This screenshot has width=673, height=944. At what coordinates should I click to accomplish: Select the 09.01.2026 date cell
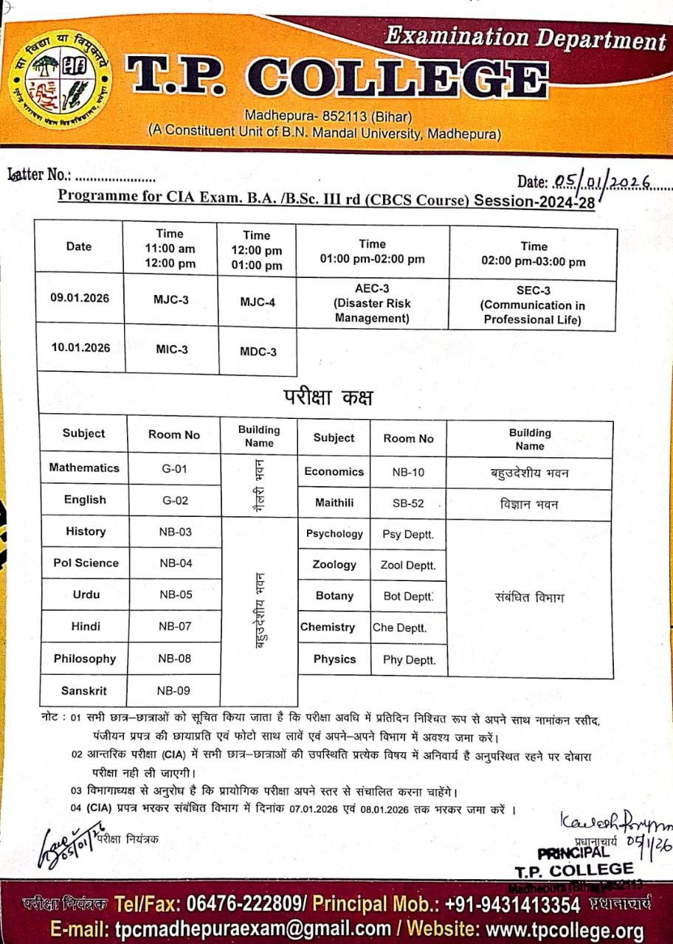(x=79, y=298)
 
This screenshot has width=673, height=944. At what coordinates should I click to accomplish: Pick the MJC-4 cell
(x=258, y=302)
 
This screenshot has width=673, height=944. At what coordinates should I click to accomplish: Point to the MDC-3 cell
(x=258, y=352)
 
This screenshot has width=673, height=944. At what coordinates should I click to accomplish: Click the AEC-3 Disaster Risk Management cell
(x=373, y=302)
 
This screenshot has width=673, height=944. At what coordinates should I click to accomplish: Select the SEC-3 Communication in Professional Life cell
(x=532, y=305)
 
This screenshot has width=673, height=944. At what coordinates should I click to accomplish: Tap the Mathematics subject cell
(x=84, y=468)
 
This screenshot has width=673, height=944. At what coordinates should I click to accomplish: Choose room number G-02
(x=175, y=500)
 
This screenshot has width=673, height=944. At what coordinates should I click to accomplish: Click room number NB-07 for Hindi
(x=175, y=626)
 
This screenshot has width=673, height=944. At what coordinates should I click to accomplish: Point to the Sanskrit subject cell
(x=84, y=690)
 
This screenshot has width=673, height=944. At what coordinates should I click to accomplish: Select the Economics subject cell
(x=334, y=471)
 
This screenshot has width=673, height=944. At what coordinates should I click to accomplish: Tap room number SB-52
(x=408, y=504)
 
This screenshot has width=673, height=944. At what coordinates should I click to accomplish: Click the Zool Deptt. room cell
(x=408, y=565)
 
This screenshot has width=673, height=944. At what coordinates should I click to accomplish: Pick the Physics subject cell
(x=334, y=659)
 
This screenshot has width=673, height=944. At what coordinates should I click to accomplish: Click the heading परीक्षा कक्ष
(x=328, y=398)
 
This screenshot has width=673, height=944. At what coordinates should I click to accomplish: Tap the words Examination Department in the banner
(x=525, y=37)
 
